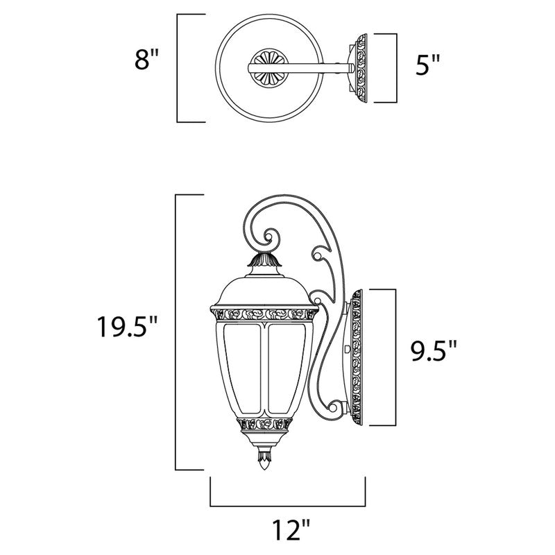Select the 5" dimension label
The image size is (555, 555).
pos(427,68)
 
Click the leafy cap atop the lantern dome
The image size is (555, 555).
pos(264,261)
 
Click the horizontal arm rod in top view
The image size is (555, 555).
pos(312,67)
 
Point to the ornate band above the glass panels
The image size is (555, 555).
pos(264,314)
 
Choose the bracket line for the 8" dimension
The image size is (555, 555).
pos(178,68)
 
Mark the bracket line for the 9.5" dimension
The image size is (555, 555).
pos(395,357)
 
